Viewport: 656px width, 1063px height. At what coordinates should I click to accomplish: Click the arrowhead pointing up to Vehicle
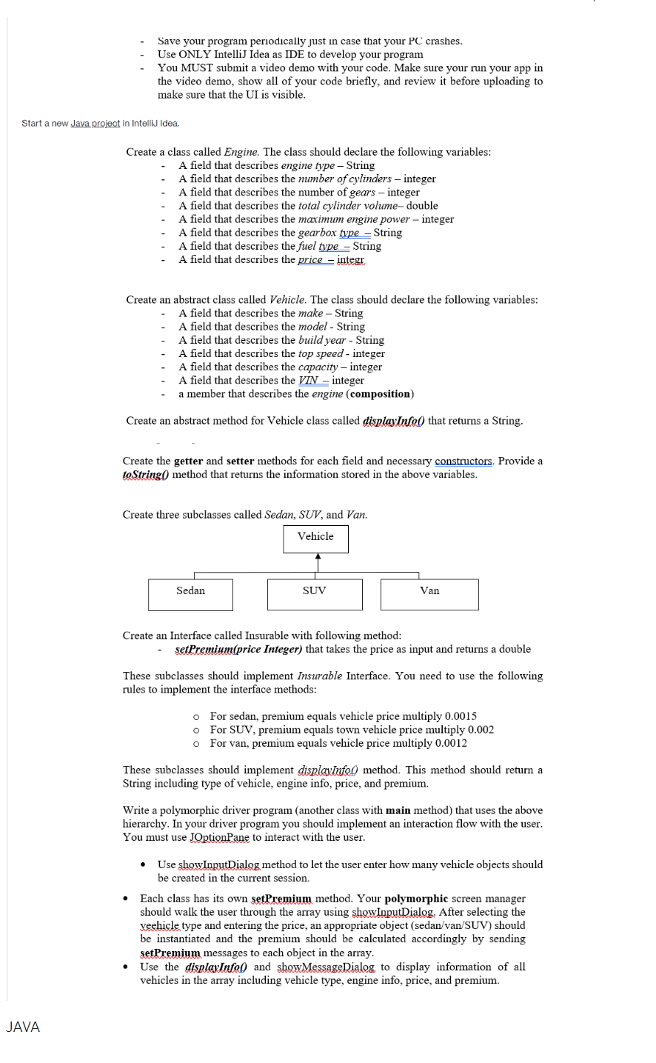[317, 558]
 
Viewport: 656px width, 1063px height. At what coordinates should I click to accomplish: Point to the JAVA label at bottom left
[23, 1027]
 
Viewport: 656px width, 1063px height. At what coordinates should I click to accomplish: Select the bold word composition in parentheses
[380, 394]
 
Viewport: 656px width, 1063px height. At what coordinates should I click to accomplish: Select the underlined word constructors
[463, 461]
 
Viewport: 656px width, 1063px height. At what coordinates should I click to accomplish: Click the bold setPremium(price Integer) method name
[238, 649]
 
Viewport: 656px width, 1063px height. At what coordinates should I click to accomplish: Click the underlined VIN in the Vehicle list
[308, 380]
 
